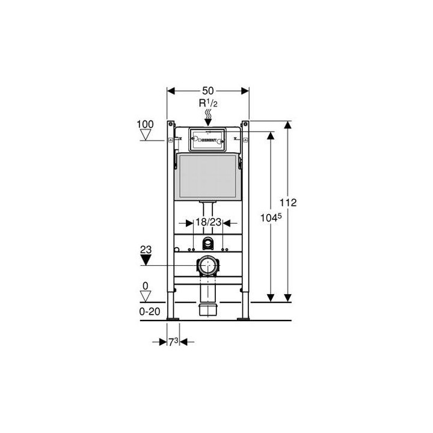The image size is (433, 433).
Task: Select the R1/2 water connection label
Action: click(207, 103)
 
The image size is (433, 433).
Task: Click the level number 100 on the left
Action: click(146, 124)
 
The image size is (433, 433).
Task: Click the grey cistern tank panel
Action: click(207, 176)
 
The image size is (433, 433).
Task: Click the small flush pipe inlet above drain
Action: click(208, 244)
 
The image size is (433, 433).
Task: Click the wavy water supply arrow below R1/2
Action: click(207, 114)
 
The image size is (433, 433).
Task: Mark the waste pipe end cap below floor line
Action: click(207, 310)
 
